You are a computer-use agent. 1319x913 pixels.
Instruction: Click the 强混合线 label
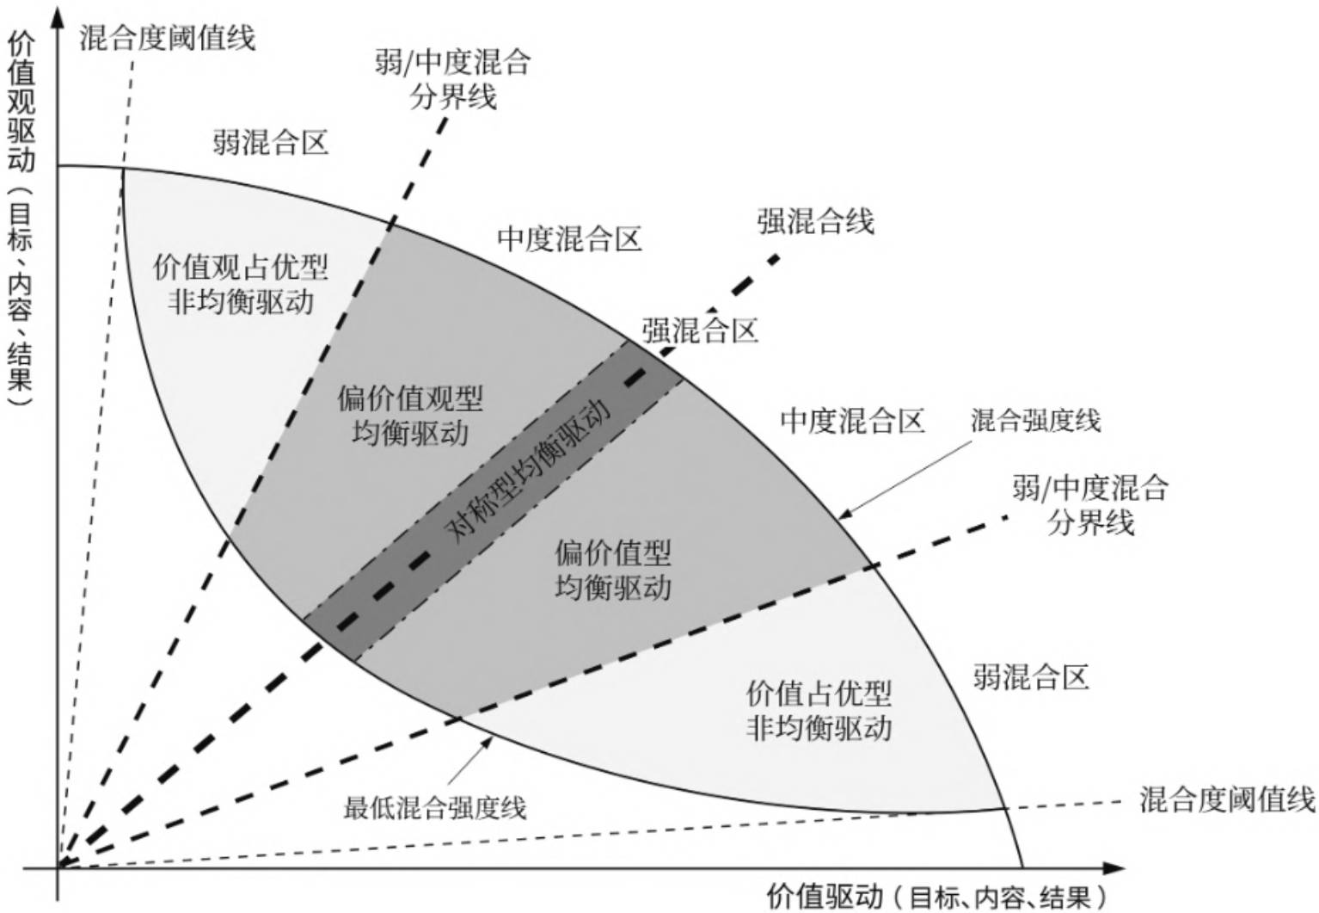click(815, 221)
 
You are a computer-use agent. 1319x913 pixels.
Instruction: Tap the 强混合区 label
click(700, 330)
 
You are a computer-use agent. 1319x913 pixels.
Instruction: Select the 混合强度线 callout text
click(1035, 421)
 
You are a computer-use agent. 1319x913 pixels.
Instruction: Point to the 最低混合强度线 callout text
click(434, 808)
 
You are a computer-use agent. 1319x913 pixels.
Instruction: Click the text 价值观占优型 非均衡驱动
click(241, 283)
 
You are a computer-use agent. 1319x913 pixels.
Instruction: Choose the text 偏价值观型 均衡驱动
click(410, 415)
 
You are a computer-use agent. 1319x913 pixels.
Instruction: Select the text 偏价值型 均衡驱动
click(612, 569)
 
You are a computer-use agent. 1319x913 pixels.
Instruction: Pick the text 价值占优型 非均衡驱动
click(818, 710)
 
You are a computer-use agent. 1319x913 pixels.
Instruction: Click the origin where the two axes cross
click(58, 868)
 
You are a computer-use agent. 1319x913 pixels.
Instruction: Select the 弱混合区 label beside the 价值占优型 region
click(1031, 676)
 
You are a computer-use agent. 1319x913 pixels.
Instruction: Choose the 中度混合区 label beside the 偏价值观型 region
click(569, 238)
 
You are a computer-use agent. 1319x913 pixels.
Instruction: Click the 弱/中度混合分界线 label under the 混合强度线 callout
click(1089, 505)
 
